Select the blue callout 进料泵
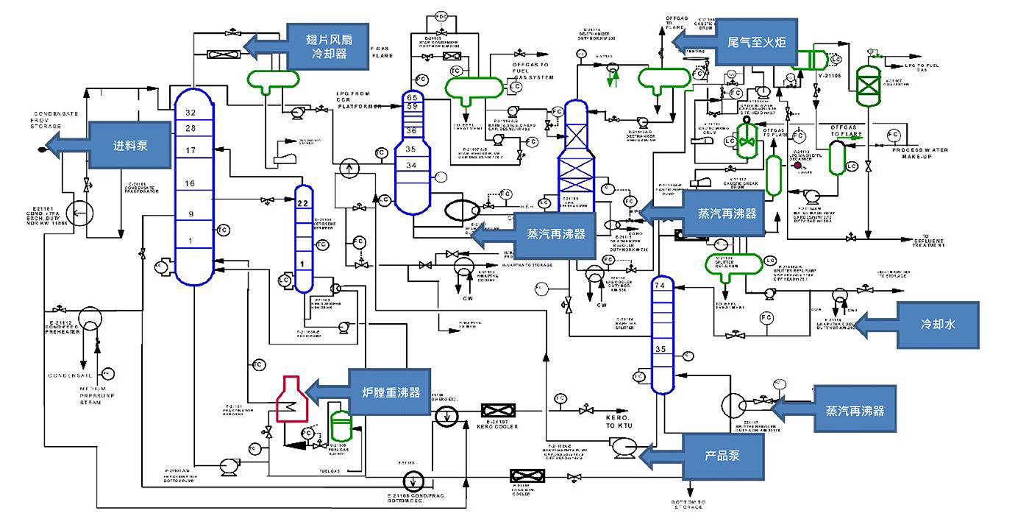pos(130,145)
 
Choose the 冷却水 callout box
pos(938,325)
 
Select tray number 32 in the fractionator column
pos(192,113)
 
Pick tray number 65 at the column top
pos(412,97)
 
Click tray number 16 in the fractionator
pos(190,183)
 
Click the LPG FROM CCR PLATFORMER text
pos(358,99)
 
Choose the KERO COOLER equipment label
pos(498,426)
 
